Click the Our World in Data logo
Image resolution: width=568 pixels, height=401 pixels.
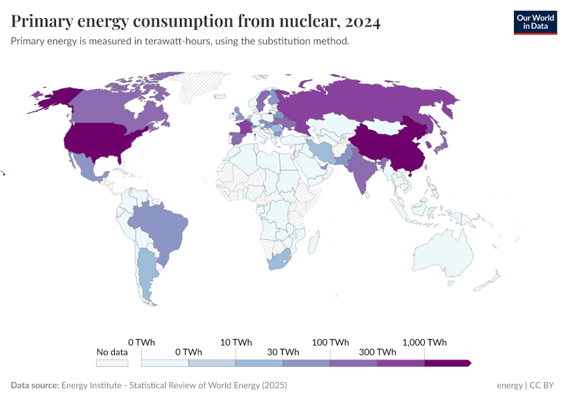[x=535, y=22]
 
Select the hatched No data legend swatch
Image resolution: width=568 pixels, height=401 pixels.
[x=112, y=363]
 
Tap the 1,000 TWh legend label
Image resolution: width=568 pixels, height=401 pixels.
[x=424, y=342]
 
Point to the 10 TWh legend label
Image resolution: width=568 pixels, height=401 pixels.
[x=236, y=342]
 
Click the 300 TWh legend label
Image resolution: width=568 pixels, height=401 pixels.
[x=377, y=352]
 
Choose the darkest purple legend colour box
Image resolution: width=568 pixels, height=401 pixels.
[x=447, y=363]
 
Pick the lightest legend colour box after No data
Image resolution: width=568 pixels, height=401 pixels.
[x=165, y=363]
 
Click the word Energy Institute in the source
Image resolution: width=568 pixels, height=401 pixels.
[x=93, y=386]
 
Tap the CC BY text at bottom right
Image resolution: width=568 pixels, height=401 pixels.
[x=543, y=386]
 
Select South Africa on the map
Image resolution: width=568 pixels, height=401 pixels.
[x=279, y=261]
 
